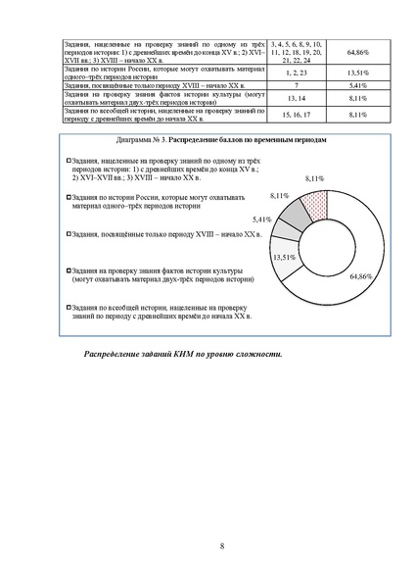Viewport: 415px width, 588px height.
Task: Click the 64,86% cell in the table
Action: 330,53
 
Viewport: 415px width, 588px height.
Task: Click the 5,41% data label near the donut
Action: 261,220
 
